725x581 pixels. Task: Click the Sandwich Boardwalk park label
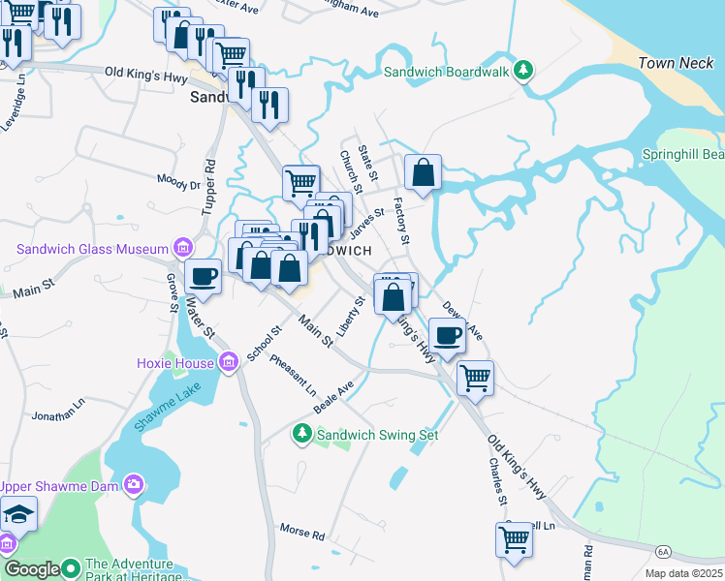tap(446, 71)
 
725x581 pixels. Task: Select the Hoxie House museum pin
tap(229, 363)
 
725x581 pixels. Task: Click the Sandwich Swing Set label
tap(378, 435)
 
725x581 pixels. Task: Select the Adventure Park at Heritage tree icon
tap(70, 567)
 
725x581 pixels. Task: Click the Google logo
tap(31, 569)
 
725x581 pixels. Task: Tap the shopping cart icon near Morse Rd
tap(515, 539)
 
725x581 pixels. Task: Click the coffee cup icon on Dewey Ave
tap(447, 335)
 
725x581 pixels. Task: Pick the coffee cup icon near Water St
tap(203, 276)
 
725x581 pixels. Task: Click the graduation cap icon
tap(18, 513)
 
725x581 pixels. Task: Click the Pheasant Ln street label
tap(294, 377)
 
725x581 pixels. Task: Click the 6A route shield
tap(663, 551)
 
